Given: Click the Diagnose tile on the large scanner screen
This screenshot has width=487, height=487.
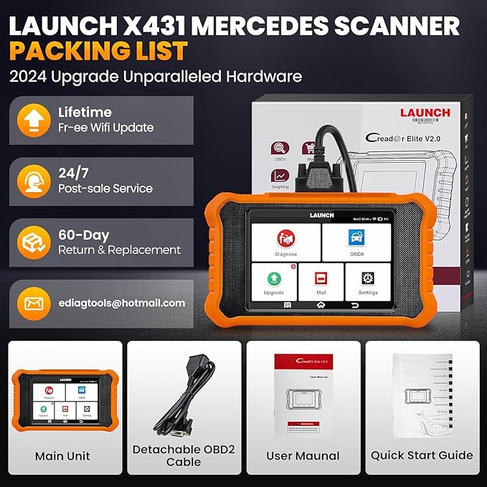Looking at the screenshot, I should tap(286, 242).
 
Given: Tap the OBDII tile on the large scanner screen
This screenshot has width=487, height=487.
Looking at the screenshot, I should tap(356, 242).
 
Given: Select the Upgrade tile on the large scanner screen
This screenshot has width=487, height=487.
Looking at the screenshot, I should tap(273, 280).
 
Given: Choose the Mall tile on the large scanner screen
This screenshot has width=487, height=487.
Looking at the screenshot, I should tap(321, 280).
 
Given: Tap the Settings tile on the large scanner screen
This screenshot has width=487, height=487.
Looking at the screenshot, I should tap(367, 280).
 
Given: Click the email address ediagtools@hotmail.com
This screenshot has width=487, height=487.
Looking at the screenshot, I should tap(121, 303).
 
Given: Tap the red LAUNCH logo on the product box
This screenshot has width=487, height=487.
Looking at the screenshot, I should tap(425, 113).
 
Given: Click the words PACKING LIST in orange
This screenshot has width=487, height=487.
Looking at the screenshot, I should tap(99, 52).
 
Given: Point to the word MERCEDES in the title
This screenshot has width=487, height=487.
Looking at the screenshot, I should tap(281, 26).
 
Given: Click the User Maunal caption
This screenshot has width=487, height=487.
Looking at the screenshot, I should tap(304, 455).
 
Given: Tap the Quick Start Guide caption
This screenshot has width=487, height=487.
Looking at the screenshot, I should tap(422, 455).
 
